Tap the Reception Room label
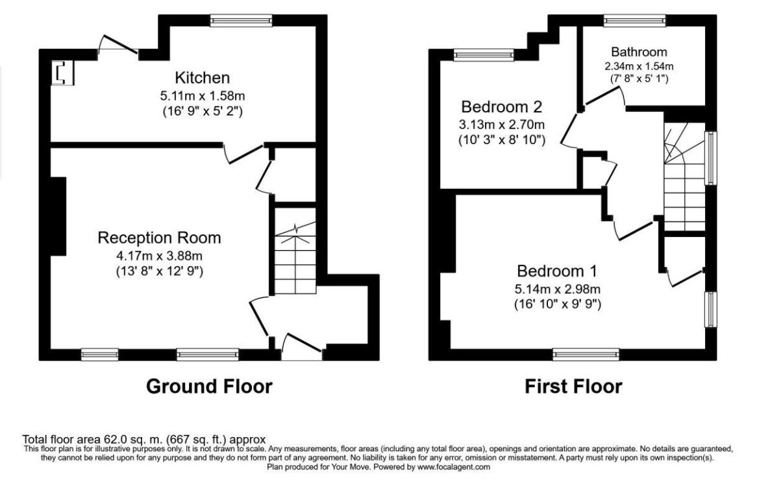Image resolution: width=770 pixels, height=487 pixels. click(159, 238)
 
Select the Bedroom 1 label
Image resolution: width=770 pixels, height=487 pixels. click(557, 271)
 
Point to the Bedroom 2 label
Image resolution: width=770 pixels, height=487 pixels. click(501, 106)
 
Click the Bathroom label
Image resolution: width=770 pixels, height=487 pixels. click(639, 52)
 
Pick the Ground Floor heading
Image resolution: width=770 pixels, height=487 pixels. click(209, 386)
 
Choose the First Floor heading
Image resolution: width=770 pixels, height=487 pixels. click(573, 386)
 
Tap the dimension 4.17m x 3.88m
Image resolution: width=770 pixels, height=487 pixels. click(159, 255)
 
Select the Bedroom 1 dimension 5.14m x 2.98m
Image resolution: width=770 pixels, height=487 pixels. click(557, 289)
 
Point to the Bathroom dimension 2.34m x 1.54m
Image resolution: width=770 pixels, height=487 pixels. click(639, 66)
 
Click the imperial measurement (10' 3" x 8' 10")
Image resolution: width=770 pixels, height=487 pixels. click(501, 140)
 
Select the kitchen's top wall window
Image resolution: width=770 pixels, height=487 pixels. click(241, 21)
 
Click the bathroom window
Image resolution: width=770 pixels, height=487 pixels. click(634, 21)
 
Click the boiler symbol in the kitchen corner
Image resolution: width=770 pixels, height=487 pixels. click(63, 73)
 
